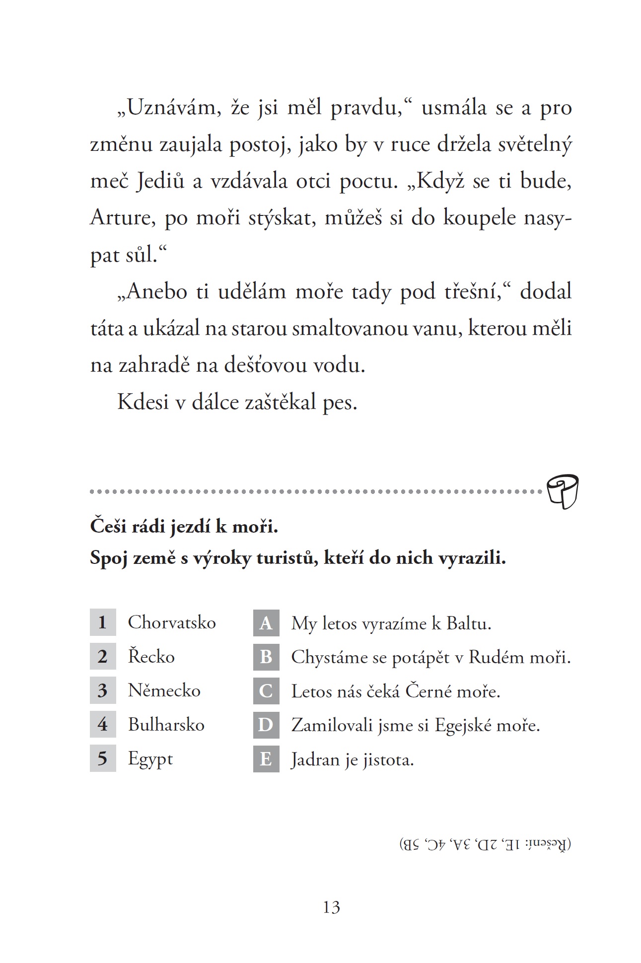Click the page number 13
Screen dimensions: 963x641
pos(331,907)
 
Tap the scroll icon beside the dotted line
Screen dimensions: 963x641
pos(563,491)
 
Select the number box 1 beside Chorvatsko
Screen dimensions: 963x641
pos(103,622)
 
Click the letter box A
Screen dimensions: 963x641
pos(266,623)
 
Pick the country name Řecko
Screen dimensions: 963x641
pos(151,656)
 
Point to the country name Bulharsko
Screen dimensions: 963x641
pos(166,724)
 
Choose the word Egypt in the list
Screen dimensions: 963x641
pos(150,758)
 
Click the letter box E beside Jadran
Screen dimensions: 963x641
pos(266,759)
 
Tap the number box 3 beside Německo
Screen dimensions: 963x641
pos(103,690)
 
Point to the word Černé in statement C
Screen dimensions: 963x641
pos(428,691)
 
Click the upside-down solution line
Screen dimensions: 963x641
pos(485,843)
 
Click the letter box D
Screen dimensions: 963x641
pos(266,725)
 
